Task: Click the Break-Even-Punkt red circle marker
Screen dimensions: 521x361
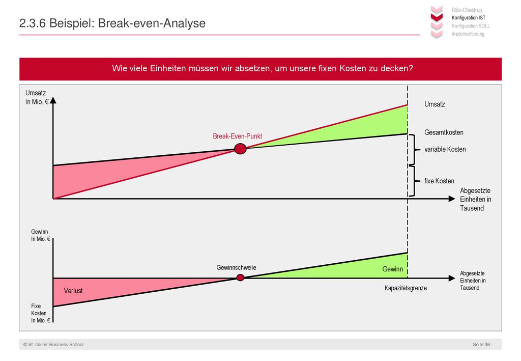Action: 240,149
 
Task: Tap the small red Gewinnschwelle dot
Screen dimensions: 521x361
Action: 240,277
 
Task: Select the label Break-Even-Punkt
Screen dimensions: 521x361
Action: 237,136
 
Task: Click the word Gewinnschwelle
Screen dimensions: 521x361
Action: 236,268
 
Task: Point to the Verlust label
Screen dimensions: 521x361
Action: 73,291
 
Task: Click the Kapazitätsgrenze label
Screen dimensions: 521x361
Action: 406,288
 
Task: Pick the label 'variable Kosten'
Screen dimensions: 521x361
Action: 445,149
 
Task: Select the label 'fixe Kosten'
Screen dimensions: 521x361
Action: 439,181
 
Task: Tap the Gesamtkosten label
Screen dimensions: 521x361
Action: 444,132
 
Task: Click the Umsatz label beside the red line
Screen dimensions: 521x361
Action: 435,104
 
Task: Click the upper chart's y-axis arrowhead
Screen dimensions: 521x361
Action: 53,100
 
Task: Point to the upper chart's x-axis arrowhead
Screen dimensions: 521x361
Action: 452,199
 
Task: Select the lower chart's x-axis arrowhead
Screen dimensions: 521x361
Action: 452,278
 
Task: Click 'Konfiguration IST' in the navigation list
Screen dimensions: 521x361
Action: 468,18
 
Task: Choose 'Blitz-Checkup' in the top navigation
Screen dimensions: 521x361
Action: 467,10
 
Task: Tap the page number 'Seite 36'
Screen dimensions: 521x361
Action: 481,344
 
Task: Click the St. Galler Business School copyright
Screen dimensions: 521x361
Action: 53,344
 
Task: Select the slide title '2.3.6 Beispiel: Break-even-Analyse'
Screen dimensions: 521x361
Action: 112,23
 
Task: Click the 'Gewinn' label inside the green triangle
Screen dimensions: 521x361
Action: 392,269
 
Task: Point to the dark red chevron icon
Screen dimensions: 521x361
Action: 437,17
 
